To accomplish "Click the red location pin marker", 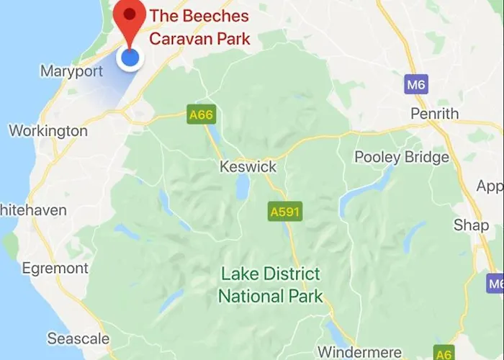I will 130,20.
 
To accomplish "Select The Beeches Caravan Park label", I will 199,27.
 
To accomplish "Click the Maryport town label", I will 71,71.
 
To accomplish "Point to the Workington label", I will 48,131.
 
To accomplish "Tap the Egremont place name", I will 54,269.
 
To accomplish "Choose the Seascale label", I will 78,338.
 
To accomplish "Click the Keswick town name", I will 248,167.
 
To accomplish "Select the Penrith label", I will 434,114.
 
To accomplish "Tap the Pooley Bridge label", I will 402,158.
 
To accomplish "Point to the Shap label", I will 471,225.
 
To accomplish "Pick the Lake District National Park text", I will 271,285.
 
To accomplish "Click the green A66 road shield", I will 201,114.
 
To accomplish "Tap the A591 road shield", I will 284,212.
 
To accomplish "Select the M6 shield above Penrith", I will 416,84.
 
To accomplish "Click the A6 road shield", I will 444,354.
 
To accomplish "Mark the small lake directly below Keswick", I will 243,188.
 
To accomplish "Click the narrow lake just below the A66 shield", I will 213,136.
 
